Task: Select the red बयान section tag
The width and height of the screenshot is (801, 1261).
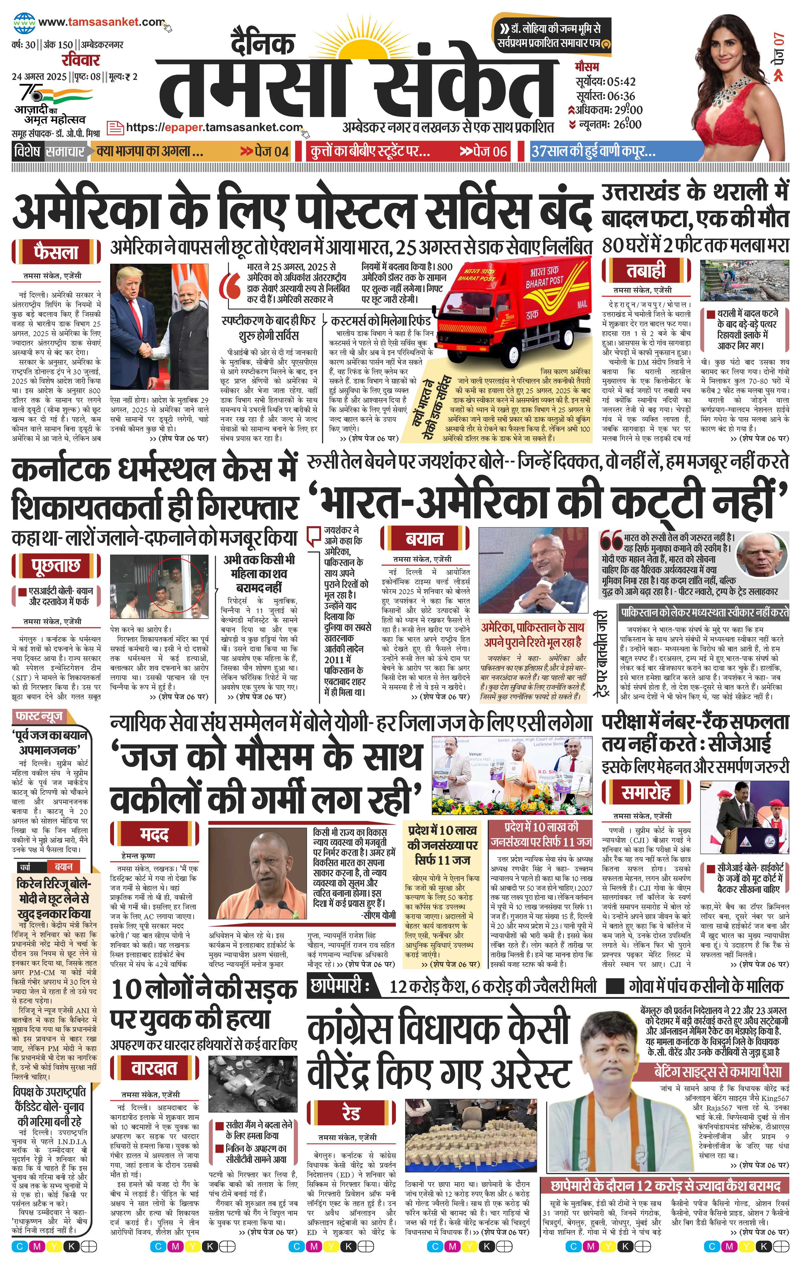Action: click(424, 539)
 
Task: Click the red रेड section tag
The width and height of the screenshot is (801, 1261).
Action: click(351, 1114)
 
